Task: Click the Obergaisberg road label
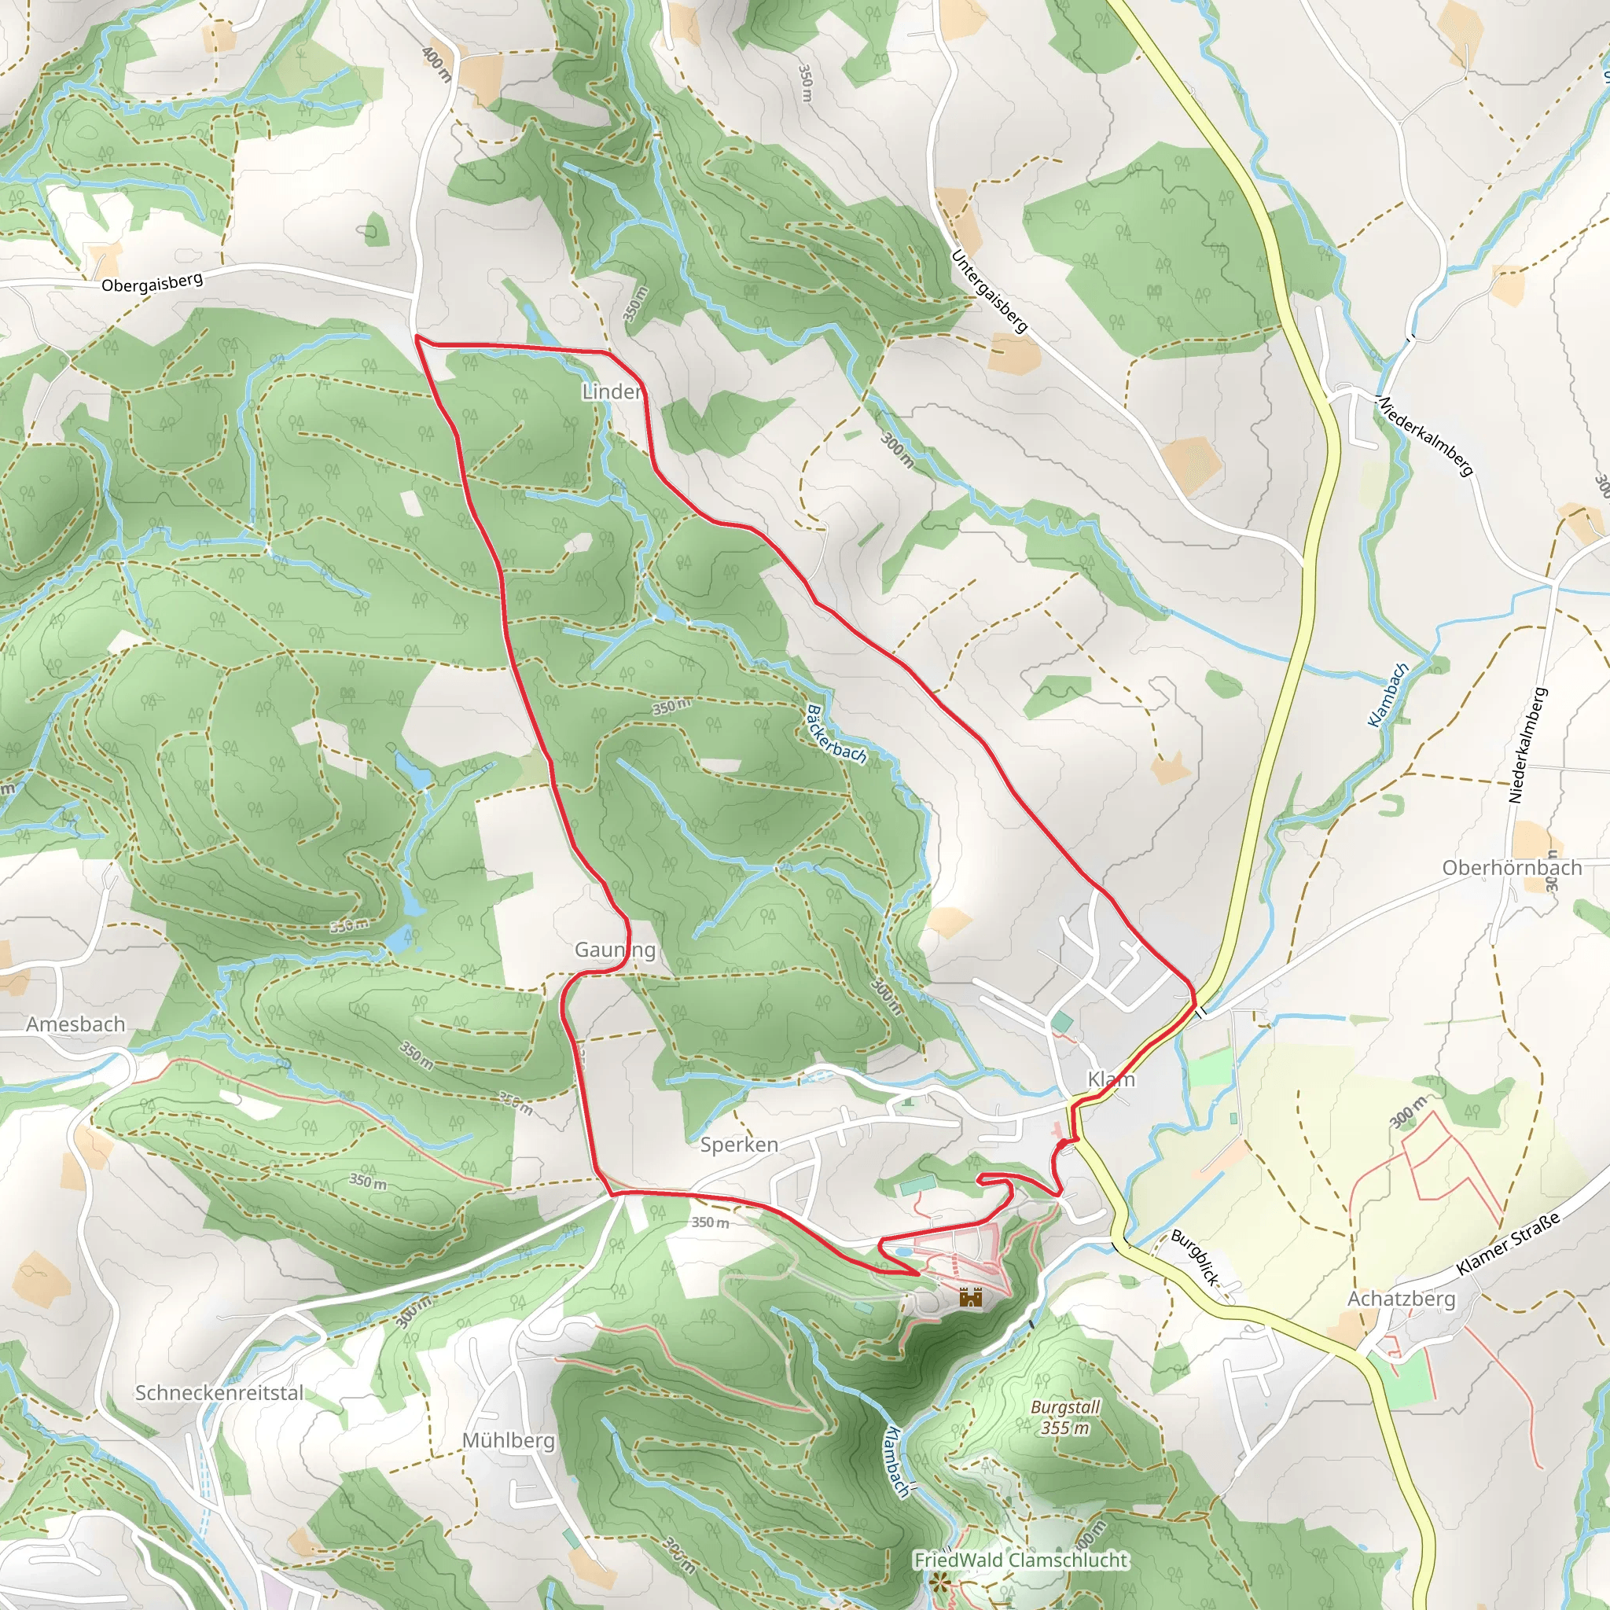tap(152, 282)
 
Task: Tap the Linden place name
tap(612, 391)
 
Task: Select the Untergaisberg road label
tap(989, 292)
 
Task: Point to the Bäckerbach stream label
tap(836, 734)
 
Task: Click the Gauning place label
tap(615, 950)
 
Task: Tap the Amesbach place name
tap(75, 1024)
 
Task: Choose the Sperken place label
tap(739, 1144)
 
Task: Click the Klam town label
tap(1111, 1079)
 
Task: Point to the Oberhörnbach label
tap(1512, 868)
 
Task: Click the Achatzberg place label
tap(1402, 1299)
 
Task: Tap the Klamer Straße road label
tap(1508, 1245)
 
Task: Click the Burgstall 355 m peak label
tap(1065, 1417)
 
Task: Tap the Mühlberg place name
tap(509, 1440)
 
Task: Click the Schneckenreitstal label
tap(219, 1392)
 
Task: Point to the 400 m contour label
tap(436, 64)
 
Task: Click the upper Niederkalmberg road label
tap(1426, 436)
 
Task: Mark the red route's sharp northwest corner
tap(416, 337)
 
